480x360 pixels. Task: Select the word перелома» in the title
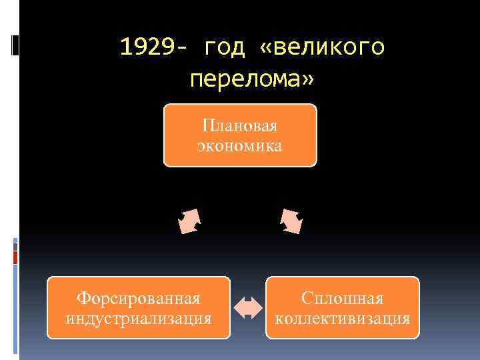[252, 79]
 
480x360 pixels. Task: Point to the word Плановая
[239, 125]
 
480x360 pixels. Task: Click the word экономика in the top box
[239, 145]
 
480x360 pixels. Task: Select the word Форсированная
[139, 298]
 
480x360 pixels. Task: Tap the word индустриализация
[139, 317]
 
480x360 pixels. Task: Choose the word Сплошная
[343, 298]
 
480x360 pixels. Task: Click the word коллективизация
[343, 317]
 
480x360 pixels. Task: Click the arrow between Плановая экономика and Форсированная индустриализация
[189, 221]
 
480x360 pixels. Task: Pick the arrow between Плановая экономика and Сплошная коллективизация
[291, 221]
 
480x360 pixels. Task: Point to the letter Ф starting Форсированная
[83, 298]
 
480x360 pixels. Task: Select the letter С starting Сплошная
[306, 298]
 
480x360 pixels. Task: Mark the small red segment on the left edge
[16, 257]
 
